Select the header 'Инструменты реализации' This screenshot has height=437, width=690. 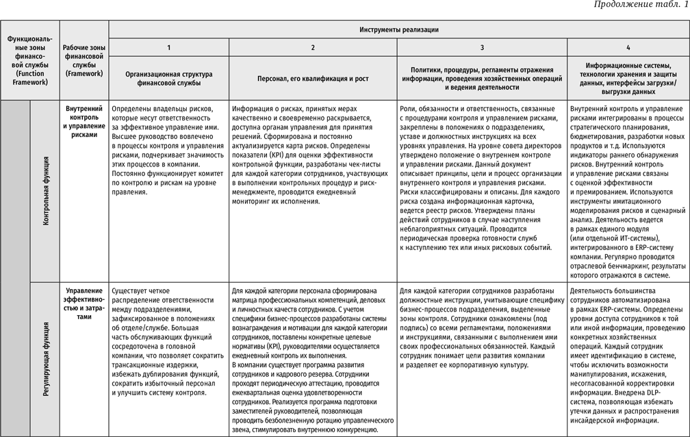coord(399,29)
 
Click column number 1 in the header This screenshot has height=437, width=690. coord(168,47)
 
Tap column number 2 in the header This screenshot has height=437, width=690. coord(313,47)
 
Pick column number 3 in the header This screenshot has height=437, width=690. coord(483,47)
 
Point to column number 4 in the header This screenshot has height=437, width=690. coord(628,47)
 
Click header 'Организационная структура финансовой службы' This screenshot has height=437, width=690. coord(168,78)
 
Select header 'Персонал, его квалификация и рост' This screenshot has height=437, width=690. coord(313,79)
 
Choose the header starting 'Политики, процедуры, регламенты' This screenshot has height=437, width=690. coord(483,78)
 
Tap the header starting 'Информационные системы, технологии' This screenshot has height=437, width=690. coord(628,78)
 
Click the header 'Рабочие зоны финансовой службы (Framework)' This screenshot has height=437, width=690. coord(83,60)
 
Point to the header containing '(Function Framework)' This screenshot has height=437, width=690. coord(29,60)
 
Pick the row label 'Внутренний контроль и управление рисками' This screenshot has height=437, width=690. coord(84,121)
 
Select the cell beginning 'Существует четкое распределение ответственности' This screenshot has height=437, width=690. coord(168,342)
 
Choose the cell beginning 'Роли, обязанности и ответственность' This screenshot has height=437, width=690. coord(483,179)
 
